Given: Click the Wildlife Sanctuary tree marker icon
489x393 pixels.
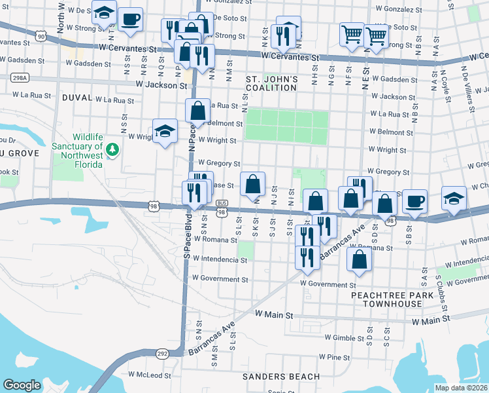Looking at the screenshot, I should coord(113,150).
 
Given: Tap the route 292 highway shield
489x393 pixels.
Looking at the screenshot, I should coord(163,353).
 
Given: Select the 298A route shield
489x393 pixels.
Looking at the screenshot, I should coord(20,78).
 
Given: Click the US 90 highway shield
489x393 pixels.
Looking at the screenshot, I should coord(41,37).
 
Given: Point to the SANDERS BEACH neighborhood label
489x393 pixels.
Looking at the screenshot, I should coord(281,377).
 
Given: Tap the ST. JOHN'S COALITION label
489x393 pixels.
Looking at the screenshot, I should coord(272,84).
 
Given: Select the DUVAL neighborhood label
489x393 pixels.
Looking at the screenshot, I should coord(77,97).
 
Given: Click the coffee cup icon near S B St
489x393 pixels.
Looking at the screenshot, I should coord(414,200).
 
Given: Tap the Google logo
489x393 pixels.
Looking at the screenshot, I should coord(22,385).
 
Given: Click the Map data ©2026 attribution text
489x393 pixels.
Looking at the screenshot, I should coord(461,388).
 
